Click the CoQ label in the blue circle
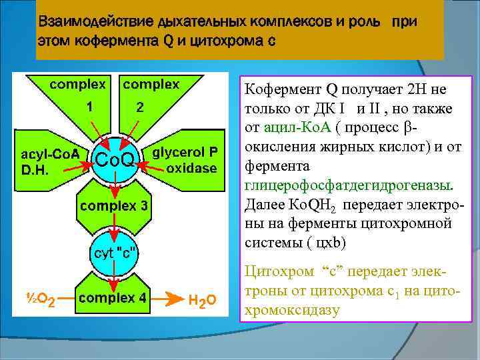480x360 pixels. coord(116,159)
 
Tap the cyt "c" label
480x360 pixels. coord(115,253)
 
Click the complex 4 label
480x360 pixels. coord(113,298)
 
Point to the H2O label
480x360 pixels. coord(202,301)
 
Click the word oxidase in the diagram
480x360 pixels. coord(191,168)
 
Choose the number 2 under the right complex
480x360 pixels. coord(139,107)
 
